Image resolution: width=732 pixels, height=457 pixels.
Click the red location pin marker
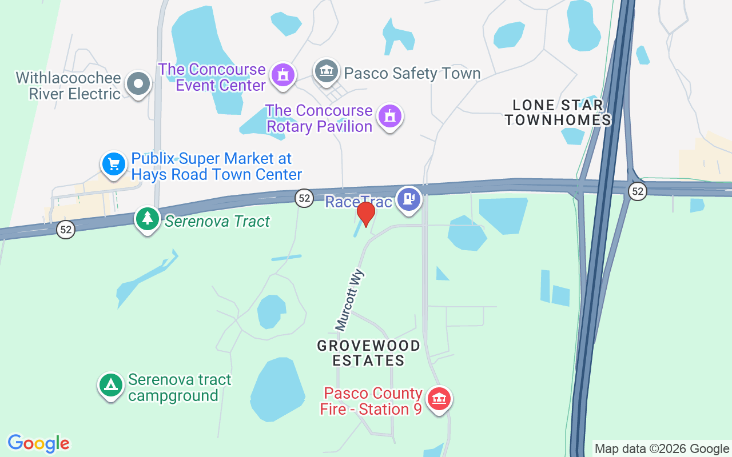365,214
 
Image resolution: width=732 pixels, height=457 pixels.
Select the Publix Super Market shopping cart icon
114,165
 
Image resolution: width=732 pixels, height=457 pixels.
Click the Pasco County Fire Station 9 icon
439,398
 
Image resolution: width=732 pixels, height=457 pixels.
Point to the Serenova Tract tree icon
148,219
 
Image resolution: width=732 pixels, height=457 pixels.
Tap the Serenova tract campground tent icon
111,385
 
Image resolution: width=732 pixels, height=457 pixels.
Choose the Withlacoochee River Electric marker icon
138,84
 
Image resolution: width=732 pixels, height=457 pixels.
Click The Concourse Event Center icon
282,75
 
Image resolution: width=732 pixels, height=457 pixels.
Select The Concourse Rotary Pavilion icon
390,116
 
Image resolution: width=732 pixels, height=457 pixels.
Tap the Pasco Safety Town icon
327,71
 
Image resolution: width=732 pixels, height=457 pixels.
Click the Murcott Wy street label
351,300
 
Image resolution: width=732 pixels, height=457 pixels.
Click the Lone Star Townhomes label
558,113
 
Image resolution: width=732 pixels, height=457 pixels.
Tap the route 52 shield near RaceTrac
304,198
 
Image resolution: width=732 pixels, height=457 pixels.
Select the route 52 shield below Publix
66,230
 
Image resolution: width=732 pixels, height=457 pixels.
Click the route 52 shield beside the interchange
638,191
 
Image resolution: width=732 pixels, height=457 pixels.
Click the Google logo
39,443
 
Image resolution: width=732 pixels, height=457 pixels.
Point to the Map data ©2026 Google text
662,449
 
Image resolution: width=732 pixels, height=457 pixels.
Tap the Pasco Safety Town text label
412,74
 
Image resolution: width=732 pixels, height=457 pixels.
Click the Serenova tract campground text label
180,387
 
